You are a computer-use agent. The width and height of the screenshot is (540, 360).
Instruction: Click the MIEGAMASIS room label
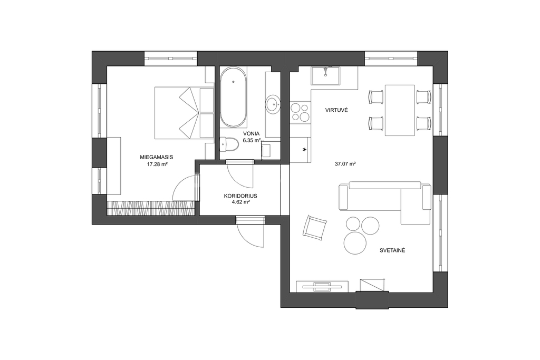click(x=156, y=157)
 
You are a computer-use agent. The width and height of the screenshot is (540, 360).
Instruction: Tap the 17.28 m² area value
click(x=157, y=164)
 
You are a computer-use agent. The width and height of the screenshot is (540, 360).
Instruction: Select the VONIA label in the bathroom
click(x=252, y=133)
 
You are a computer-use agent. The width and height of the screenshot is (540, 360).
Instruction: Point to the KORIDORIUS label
click(x=240, y=196)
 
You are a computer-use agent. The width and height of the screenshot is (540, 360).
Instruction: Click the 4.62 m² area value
click(x=241, y=202)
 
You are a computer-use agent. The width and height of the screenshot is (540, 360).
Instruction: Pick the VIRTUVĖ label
click(x=337, y=110)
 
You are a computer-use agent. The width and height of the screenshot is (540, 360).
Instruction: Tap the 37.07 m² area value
click(x=345, y=164)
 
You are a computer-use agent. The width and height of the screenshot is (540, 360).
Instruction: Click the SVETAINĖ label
click(x=392, y=250)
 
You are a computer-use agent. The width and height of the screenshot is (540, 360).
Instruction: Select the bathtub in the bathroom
click(x=234, y=97)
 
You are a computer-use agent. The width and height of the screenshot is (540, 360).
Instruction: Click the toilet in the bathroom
click(x=229, y=144)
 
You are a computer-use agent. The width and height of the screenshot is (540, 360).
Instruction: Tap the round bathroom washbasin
click(x=274, y=103)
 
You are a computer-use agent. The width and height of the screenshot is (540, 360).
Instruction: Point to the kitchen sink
click(x=325, y=76)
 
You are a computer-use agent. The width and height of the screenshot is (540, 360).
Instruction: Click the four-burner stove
click(x=300, y=113)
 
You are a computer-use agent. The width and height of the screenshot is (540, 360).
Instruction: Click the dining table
click(x=400, y=110)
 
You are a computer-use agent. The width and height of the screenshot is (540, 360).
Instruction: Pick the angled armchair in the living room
click(x=315, y=228)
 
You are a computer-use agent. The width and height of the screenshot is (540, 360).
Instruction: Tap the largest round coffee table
click(x=355, y=243)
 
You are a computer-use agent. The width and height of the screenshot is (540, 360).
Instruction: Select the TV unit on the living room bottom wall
click(x=322, y=287)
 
